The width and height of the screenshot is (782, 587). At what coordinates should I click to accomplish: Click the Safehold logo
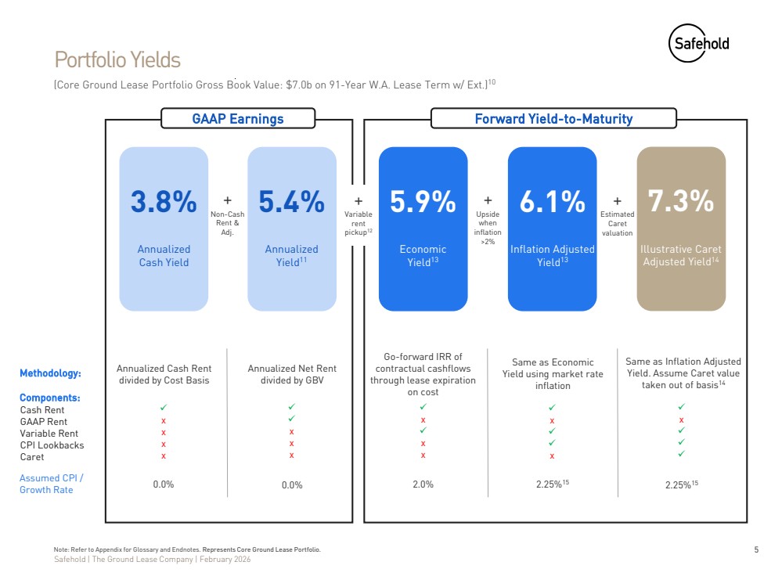point(698,42)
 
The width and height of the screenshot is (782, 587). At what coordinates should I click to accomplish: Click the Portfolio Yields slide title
point(117,59)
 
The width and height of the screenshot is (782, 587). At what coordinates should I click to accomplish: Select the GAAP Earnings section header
point(238,119)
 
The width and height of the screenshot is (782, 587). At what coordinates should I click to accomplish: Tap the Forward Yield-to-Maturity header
point(553,119)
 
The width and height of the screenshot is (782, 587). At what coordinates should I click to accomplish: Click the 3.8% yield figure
point(164,202)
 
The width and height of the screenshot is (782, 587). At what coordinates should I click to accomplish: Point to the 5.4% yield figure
point(292,202)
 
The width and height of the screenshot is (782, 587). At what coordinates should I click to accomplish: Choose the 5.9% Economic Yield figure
point(423,202)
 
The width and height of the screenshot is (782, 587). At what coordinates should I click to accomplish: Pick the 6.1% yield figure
point(552,202)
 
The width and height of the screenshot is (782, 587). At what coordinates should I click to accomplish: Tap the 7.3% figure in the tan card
point(681,202)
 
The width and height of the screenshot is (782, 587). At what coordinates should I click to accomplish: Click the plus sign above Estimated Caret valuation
point(617,201)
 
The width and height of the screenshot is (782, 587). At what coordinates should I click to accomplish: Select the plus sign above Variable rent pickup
point(359,201)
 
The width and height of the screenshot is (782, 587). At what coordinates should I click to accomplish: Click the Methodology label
point(50,373)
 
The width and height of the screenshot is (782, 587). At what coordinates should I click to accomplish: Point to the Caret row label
point(32,457)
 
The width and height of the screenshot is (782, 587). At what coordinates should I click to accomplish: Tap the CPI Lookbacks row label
point(52,445)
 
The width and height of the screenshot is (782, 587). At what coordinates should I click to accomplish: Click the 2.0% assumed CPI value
point(423,484)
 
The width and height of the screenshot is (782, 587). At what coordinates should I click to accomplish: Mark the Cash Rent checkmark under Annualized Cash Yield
point(164,408)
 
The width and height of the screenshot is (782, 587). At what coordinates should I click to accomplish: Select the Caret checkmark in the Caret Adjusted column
point(682,453)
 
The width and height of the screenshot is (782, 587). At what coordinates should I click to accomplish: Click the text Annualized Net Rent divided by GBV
point(292,374)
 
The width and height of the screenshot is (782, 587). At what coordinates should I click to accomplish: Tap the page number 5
point(756,549)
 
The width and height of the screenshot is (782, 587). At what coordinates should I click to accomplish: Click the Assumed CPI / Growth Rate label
point(51,484)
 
